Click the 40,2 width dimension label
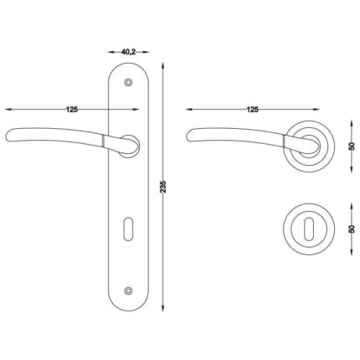click(x=128, y=52)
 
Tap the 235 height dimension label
click(x=163, y=187)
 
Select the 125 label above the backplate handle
click(x=72, y=110)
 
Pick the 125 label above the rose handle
click(x=253, y=110)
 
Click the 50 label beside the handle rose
click(x=352, y=147)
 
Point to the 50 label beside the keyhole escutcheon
click(x=352, y=229)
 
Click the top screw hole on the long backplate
click(x=128, y=83)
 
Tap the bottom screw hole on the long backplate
click(x=128, y=291)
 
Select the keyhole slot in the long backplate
click(x=128, y=229)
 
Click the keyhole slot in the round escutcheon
click(x=308, y=229)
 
